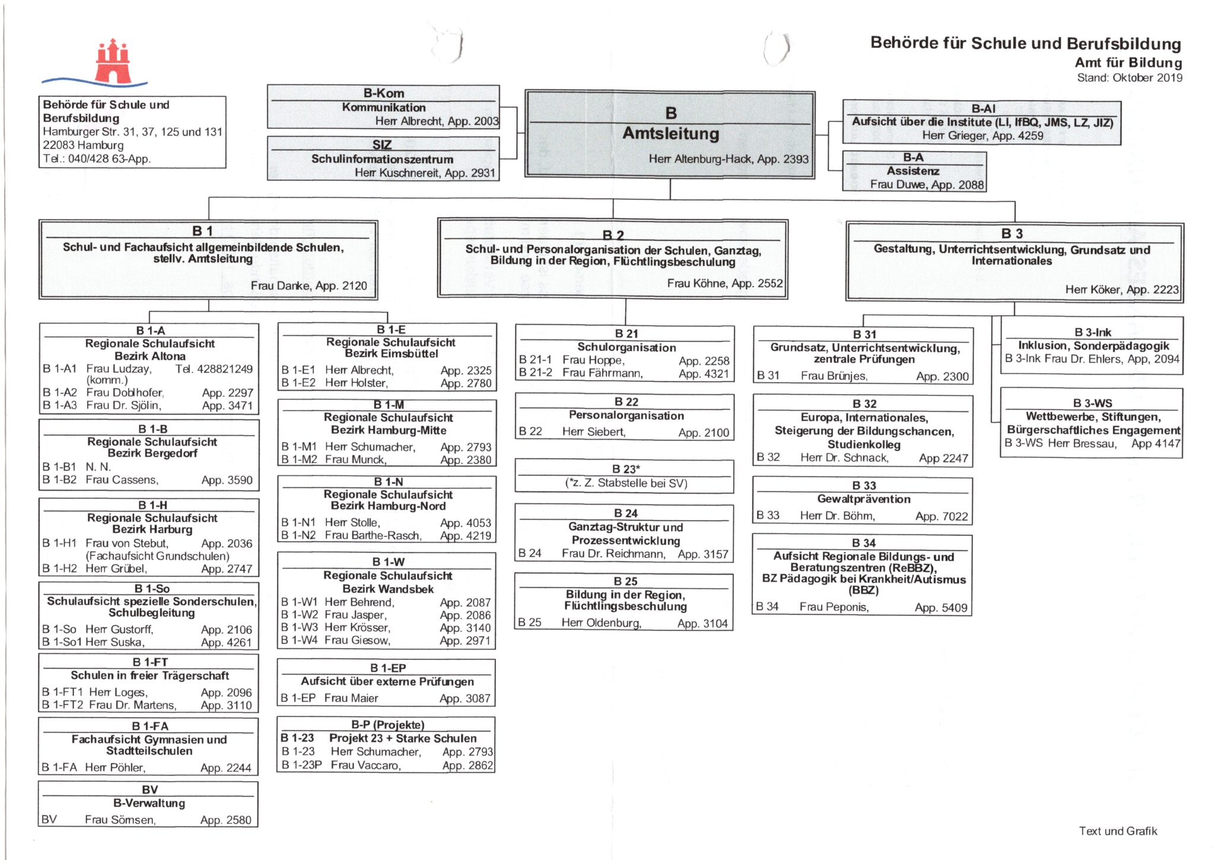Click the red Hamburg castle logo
pyautogui.click(x=113, y=62)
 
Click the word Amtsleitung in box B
pyautogui.click(x=670, y=134)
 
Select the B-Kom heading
pyautogui.click(x=383, y=93)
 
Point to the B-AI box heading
pyautogui.click(x=983, y=109)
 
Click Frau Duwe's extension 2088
pyautogui.click(x=971, y=185)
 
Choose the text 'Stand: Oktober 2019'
pyautogui.click(x=1129, y=78)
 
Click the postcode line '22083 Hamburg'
pyautogui.click(x=83, y=145)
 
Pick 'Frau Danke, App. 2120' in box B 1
pyautogui.click(x=308, y=285)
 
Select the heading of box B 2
pyautogui.click(x=613, y=235)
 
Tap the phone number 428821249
pyautogui.click(x=224, y=369)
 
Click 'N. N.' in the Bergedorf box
pyautogui.click(x=98, y=467)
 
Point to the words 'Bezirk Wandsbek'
pyautogui.click(x=388, y=589)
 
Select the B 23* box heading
pyautogui.click(x=626, y=469)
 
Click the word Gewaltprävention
pyautogui.click(x=863, y=499)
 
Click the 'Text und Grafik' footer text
pyautogui.click(x=1118, y=831)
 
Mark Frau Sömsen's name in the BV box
pyautogui.click(x=120, y=820)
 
